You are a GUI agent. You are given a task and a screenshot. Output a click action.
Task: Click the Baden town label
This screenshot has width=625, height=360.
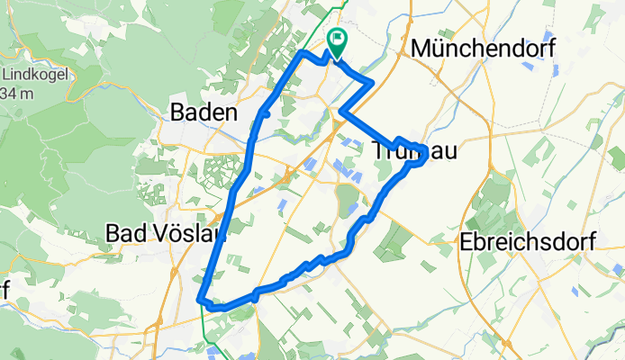pos(204,113)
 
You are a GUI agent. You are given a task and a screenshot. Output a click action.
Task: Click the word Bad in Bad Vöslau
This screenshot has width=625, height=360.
pos(124,233)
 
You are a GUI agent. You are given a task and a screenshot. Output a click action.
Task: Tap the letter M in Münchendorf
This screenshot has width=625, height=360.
pos(421,49)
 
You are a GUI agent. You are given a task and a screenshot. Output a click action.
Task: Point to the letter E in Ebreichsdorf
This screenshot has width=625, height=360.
pos(466,242)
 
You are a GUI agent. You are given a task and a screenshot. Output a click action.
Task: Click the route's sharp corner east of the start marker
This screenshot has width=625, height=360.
pos(372,84)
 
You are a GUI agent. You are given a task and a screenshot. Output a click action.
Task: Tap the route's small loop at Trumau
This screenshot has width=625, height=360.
pos(417,153)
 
